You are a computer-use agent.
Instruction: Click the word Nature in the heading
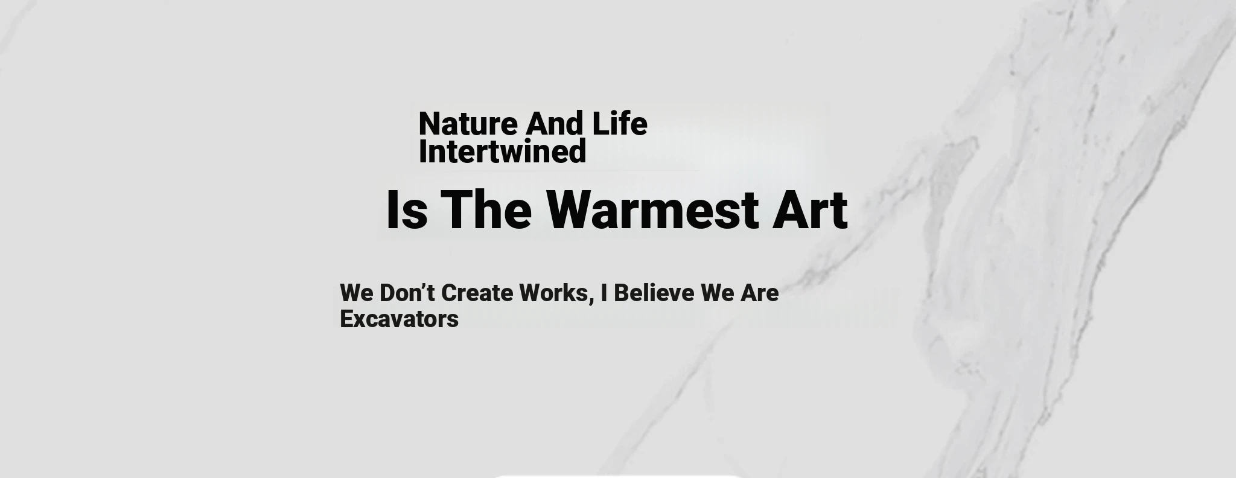(x=468, y=124)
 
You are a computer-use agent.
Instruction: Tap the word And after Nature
(x=554, y=124)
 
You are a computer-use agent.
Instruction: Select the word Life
(x=620, y=124)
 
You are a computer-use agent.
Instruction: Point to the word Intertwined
(x=502, y=151)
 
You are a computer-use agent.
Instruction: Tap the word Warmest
(x=652, y=209)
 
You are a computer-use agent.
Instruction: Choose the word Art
(x=810, y=209)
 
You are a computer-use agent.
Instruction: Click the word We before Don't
(x=357, y=293)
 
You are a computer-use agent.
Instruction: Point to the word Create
(x=477, y=293)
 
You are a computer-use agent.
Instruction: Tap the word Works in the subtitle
(x=553, y=293)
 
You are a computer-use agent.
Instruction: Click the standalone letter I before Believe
(x=604, y=293)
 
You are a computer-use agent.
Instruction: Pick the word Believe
(x=654, y=293)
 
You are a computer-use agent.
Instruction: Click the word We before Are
(x=718, y=293)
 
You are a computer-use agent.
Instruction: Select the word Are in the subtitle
(x=760, y=293)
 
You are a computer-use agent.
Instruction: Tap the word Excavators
(x=399, y=319)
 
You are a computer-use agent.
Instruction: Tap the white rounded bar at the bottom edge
(x=617, y=476)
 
